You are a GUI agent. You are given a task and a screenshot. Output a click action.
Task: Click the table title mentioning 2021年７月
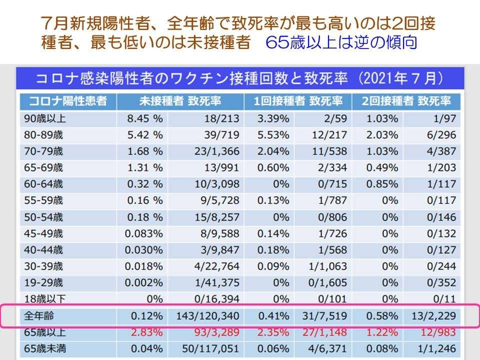(239, 79)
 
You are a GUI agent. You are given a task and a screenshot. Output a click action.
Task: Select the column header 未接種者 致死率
(180, 101)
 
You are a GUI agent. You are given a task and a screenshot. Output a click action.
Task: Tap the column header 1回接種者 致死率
(298, 101)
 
